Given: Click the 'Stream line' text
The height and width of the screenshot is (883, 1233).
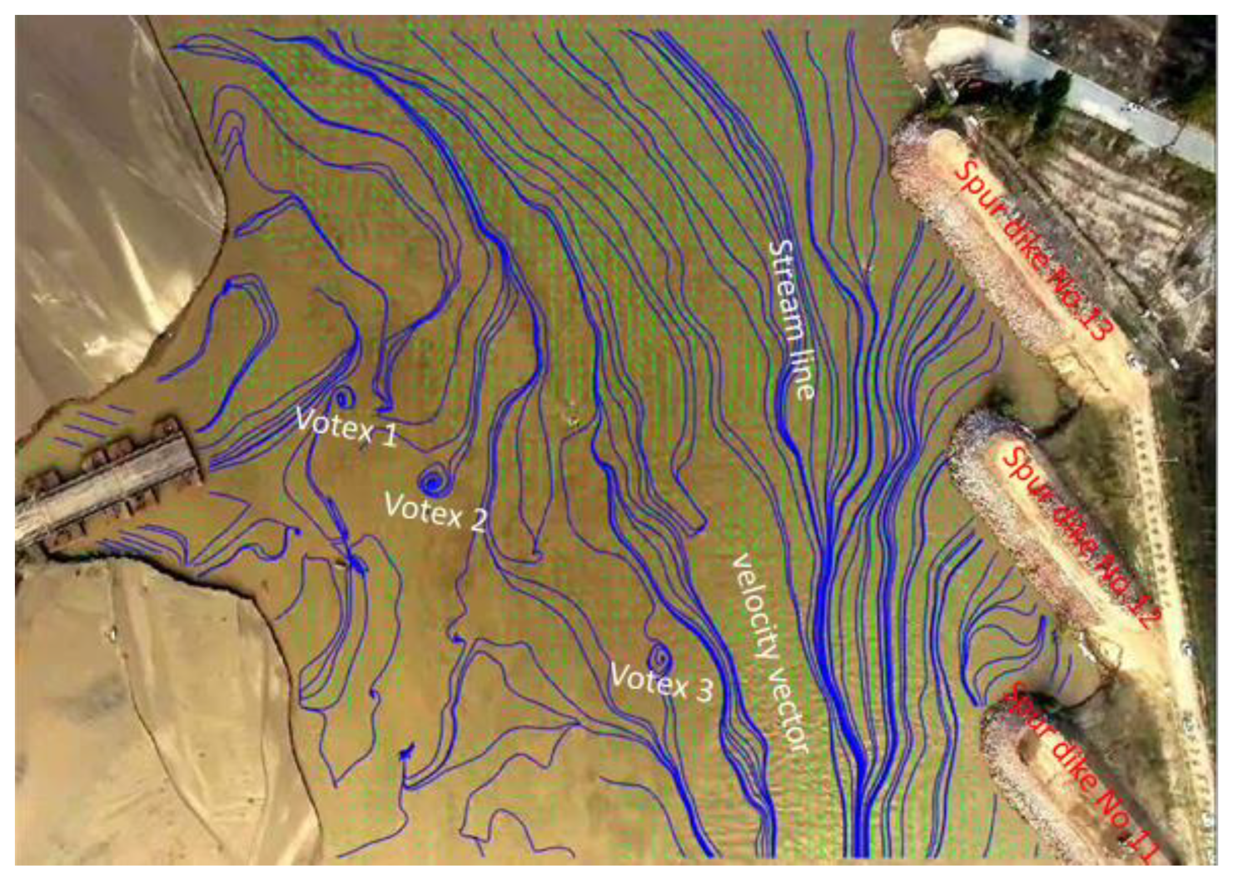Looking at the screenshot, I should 791,319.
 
